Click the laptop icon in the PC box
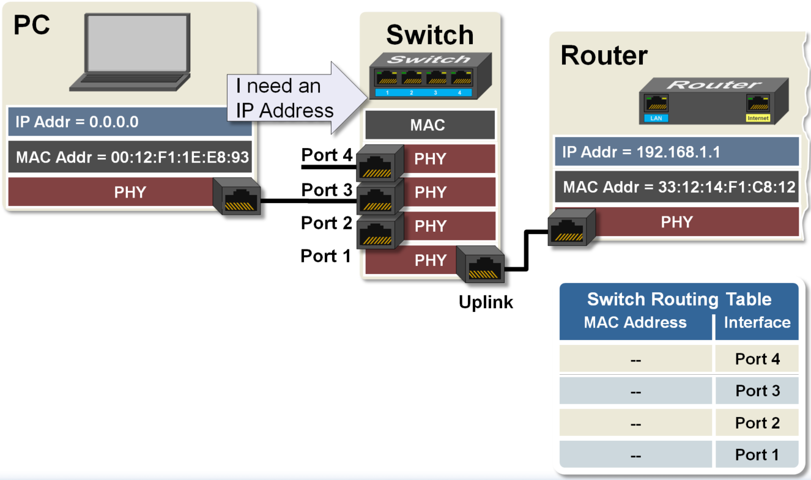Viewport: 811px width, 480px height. click(x=136, y=52)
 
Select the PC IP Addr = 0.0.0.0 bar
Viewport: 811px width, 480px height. click(x=130, y=122)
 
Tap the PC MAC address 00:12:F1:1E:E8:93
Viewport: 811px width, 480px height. click(x=132, y=157)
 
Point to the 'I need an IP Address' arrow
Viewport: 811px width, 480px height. click(x=294, y=98)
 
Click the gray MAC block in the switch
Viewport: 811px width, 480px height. click(x=429, y=126)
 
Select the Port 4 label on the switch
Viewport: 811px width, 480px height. click(x=327, y=156)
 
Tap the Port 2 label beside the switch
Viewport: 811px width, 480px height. click(x=327, y=223)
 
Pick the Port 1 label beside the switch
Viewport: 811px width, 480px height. click(x=327, y=256)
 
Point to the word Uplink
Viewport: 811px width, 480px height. click(x=486, y=301)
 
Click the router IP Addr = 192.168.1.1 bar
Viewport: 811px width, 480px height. click(x=675, y=152)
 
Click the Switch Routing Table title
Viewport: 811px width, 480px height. click(x=679, y=299)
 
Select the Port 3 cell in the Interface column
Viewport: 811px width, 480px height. click(x=757, y=391)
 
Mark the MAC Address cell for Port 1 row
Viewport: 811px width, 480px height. click(x=635, y=456)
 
